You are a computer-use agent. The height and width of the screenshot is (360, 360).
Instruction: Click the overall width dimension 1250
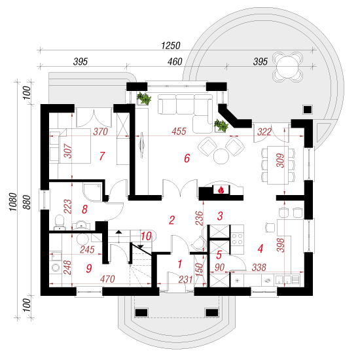click(x=171, y=45)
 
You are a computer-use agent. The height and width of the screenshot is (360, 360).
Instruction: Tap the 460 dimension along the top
click(x=175, y=62)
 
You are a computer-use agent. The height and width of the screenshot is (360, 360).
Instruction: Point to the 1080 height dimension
click(x=13, y=202)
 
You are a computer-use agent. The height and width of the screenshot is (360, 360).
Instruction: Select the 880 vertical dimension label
click(x=27, y=202)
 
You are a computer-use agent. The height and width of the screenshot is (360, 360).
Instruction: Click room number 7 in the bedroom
click(x=102, y=156)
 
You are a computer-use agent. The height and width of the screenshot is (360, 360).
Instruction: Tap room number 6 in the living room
click(x=187, y=158)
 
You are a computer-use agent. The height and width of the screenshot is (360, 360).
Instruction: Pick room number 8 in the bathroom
click(x=84, y=209)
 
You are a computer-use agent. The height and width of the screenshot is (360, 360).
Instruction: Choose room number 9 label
click(x=89, y=268)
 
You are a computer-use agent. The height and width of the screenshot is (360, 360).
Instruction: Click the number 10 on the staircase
click(x=146, y=236)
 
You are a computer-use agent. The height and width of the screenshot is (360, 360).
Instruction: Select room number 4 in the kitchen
click(x=260, y=248)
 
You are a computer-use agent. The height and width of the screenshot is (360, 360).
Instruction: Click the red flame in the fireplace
click(x=221, y=190)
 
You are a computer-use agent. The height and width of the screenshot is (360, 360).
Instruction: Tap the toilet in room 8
click(x=60, y=223)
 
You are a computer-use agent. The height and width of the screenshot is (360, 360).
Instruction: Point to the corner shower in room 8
click(x=92, y=192)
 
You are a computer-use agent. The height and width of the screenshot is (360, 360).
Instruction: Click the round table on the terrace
click(x=287, y=67)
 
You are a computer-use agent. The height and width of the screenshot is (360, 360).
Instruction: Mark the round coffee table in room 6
click(x=221, y=156)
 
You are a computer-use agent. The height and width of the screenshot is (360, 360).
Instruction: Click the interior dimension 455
click(x=179, y=132)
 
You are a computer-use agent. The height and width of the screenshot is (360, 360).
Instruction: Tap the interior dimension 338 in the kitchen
click(x=259, y=268)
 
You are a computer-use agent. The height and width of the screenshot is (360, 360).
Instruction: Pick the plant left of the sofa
click(x=144, y=98)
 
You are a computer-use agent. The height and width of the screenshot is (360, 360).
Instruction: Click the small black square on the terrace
click(x=308, y=109)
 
